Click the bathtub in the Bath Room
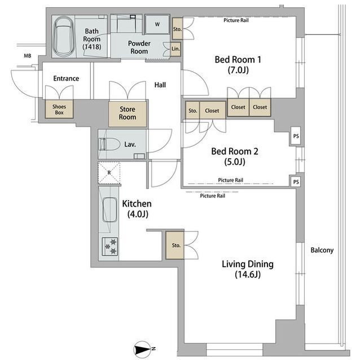pos(63,37)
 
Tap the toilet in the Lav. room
pos(109,145)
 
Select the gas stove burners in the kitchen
pos(110,246)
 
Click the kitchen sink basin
pos(109,210)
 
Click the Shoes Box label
pos(59,109)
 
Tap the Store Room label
pos(127,113)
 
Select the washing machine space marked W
pos(157,24)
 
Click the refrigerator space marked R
pos(109,172)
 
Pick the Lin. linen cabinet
pos(175,49)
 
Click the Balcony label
pos(322,250)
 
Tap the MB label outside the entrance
pos(28,56)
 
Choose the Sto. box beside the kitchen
pos(175,245)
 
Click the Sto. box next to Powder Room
pos(177,29)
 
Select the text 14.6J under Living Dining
pos(248,274)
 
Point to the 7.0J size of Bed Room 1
pos(238,70)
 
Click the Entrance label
pos(66,79)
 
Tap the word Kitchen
pos(137,204)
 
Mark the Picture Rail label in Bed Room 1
pos(236,20)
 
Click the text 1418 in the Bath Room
pos(92,47)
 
